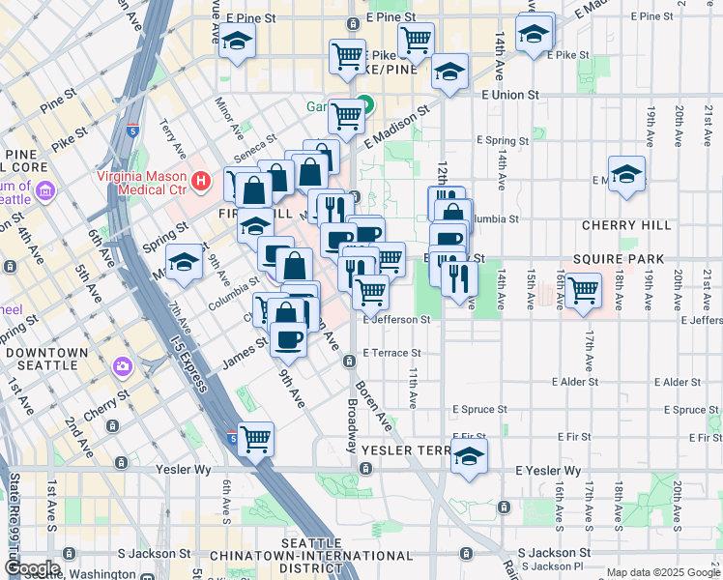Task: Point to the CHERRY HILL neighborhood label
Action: point(626,225)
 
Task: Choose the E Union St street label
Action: point(510,95)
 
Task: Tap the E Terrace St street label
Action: point(391,354)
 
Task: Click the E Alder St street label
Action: point(669,383)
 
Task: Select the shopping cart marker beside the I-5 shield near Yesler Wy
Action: point(256,439)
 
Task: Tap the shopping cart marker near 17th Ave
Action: point(582,290)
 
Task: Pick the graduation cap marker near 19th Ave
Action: point(627,174)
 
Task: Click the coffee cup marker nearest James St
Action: point(288,338)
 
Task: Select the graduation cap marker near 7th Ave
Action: point(184,264)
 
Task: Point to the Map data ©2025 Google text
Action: point(663,572)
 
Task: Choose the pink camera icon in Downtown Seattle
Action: point(122,366)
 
